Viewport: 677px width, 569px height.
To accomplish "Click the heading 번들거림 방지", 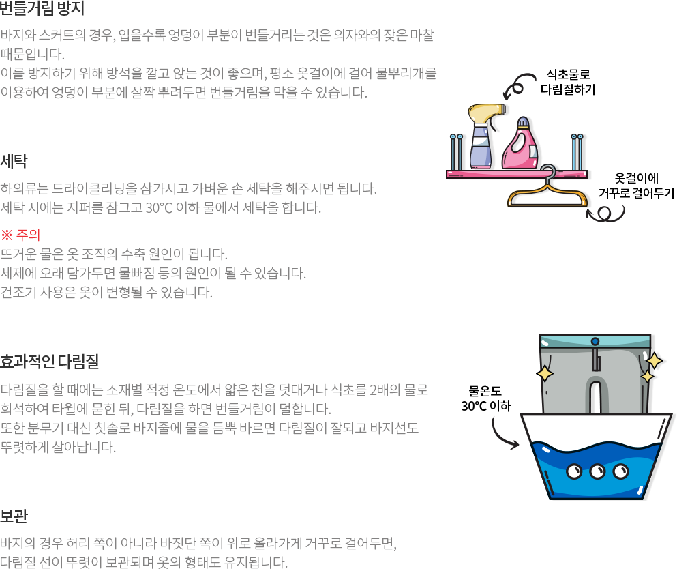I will click(x=42, y=9).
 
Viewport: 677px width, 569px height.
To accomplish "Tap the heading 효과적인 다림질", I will click(x=50, y=360).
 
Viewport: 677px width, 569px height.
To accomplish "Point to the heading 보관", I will click(x=14, y=515).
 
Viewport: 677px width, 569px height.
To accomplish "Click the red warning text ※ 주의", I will click(x=21, y=235).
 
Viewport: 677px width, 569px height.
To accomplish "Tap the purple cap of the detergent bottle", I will click(x=524, y=123).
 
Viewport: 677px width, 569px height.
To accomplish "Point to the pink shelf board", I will click(x=515, y=175).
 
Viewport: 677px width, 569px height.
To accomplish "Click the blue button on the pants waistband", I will click(x=595, y=340).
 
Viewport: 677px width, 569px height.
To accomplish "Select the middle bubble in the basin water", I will click(x=597, y=471).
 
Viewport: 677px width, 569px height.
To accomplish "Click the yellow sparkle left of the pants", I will click(x=545, y=373).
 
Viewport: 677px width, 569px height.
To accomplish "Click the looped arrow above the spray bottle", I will click(x=519, y=87).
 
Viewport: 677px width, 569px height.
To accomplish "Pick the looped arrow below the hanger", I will click(x=605, y=214).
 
